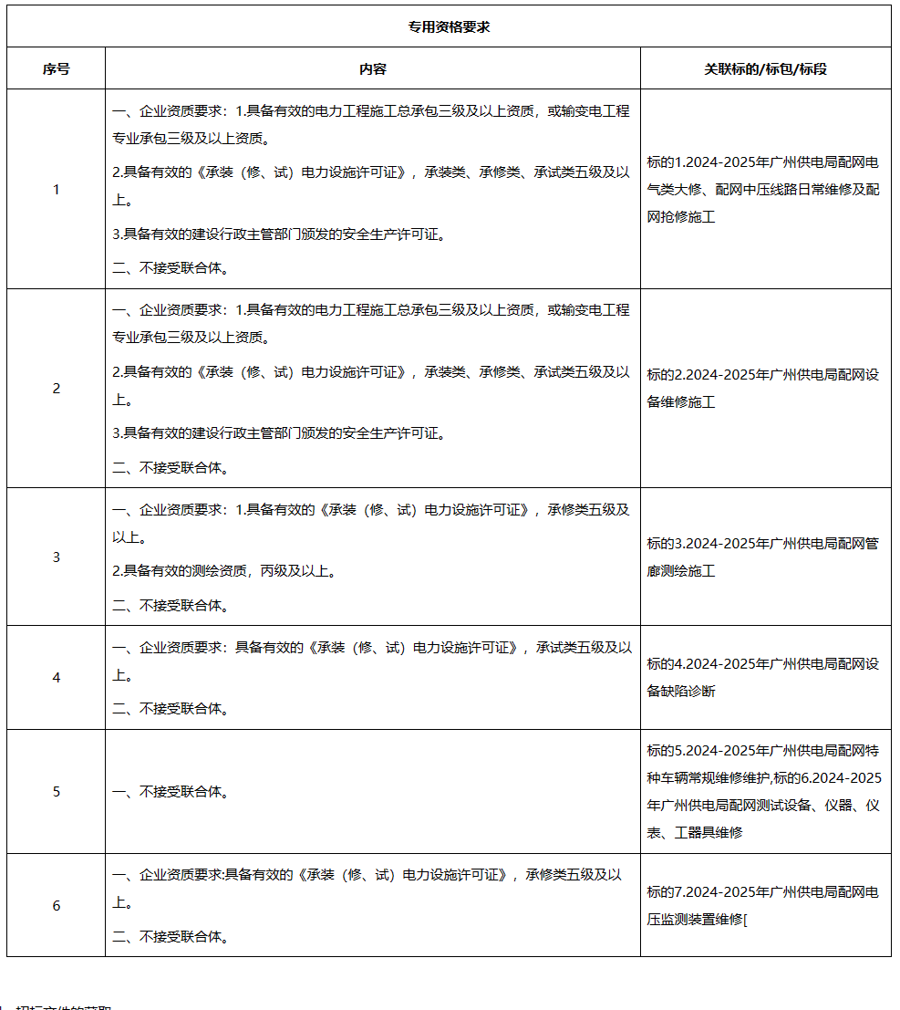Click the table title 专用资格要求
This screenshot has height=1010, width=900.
click(449, 26)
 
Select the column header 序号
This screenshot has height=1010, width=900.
click(56, 68)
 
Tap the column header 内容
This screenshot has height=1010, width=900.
click(372, 68)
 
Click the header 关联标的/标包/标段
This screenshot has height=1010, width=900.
click(765, 68)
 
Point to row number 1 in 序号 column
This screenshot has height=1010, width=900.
click(56, 190)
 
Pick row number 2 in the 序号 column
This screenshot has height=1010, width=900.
click(56, 389)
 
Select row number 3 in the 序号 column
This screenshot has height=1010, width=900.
click(56, 557)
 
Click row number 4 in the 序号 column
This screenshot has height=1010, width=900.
click(56, 678)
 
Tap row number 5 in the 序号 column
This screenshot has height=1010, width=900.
click(56, 791)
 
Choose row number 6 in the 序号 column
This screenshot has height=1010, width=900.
click(56, 905)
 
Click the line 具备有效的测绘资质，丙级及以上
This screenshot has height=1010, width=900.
click(224, 571)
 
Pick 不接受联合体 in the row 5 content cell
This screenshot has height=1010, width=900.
click(171, 792)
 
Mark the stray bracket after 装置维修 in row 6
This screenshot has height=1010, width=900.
click(746, 920)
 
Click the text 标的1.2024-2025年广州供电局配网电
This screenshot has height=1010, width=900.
click(763, 163)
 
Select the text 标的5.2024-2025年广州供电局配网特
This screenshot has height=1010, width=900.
click(763, 752)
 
